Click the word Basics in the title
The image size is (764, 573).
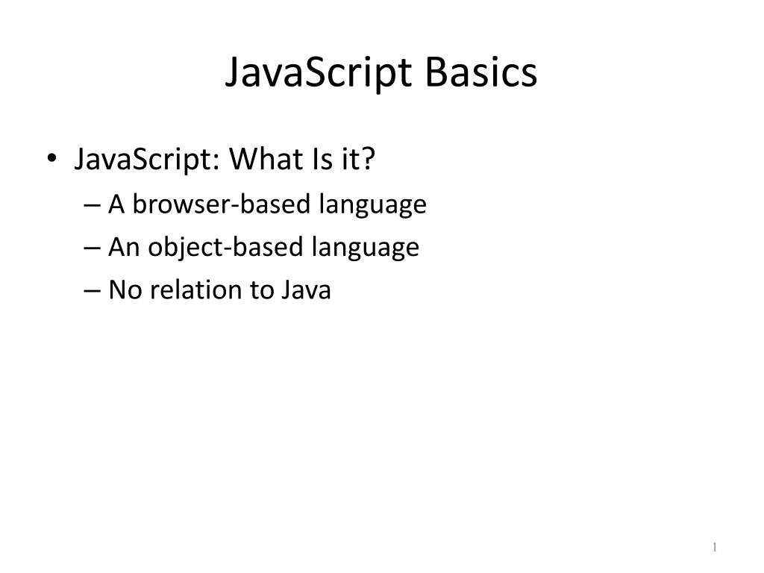pyautogui.click(x=481, y=72)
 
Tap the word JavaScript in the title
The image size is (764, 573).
pyautogui.click(x=319, y=74)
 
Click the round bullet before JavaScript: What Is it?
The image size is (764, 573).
pyautogui.click(x=51, y=158)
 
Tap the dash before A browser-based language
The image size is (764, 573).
pyautogui.click(x=92, y=204)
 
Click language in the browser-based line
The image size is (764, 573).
pyautogui.click(x=373, y=206)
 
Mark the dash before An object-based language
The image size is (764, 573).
pyautogui.click(x=92, y=248)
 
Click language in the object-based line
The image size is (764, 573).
pyautogui.click(x=366, y=248)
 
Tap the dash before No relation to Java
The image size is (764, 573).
pyautogui.click(x=92, y=290)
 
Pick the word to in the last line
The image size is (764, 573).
pyautogui.click(x=261, y=290)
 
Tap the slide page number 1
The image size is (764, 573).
pyautogui.click(x=714, y=547)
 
